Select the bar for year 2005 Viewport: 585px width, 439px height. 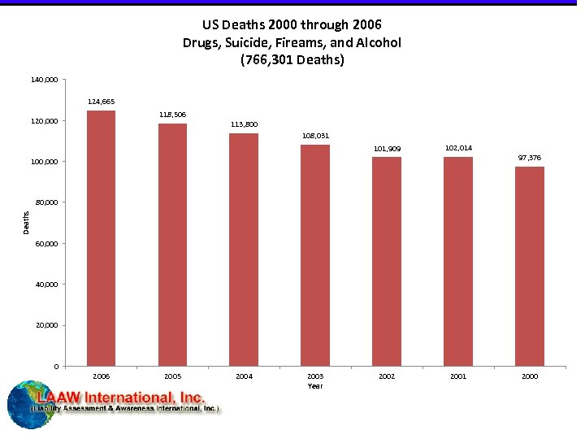[172, 244]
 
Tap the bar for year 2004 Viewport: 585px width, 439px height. [244, 249]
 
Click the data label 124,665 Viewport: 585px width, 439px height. [101, 102]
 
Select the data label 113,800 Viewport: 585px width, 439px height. [244, 124]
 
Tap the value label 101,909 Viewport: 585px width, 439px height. [387, 149]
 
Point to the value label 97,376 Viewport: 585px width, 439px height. [529, 158]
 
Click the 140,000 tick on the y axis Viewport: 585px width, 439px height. [45, 80]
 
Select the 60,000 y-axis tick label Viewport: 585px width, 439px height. [46, 244]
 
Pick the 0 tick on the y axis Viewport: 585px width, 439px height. [55, 367]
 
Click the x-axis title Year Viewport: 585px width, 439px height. [315, 386]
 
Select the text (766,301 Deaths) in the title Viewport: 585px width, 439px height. [292, 59]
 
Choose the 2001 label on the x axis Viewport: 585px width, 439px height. [458, 376]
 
